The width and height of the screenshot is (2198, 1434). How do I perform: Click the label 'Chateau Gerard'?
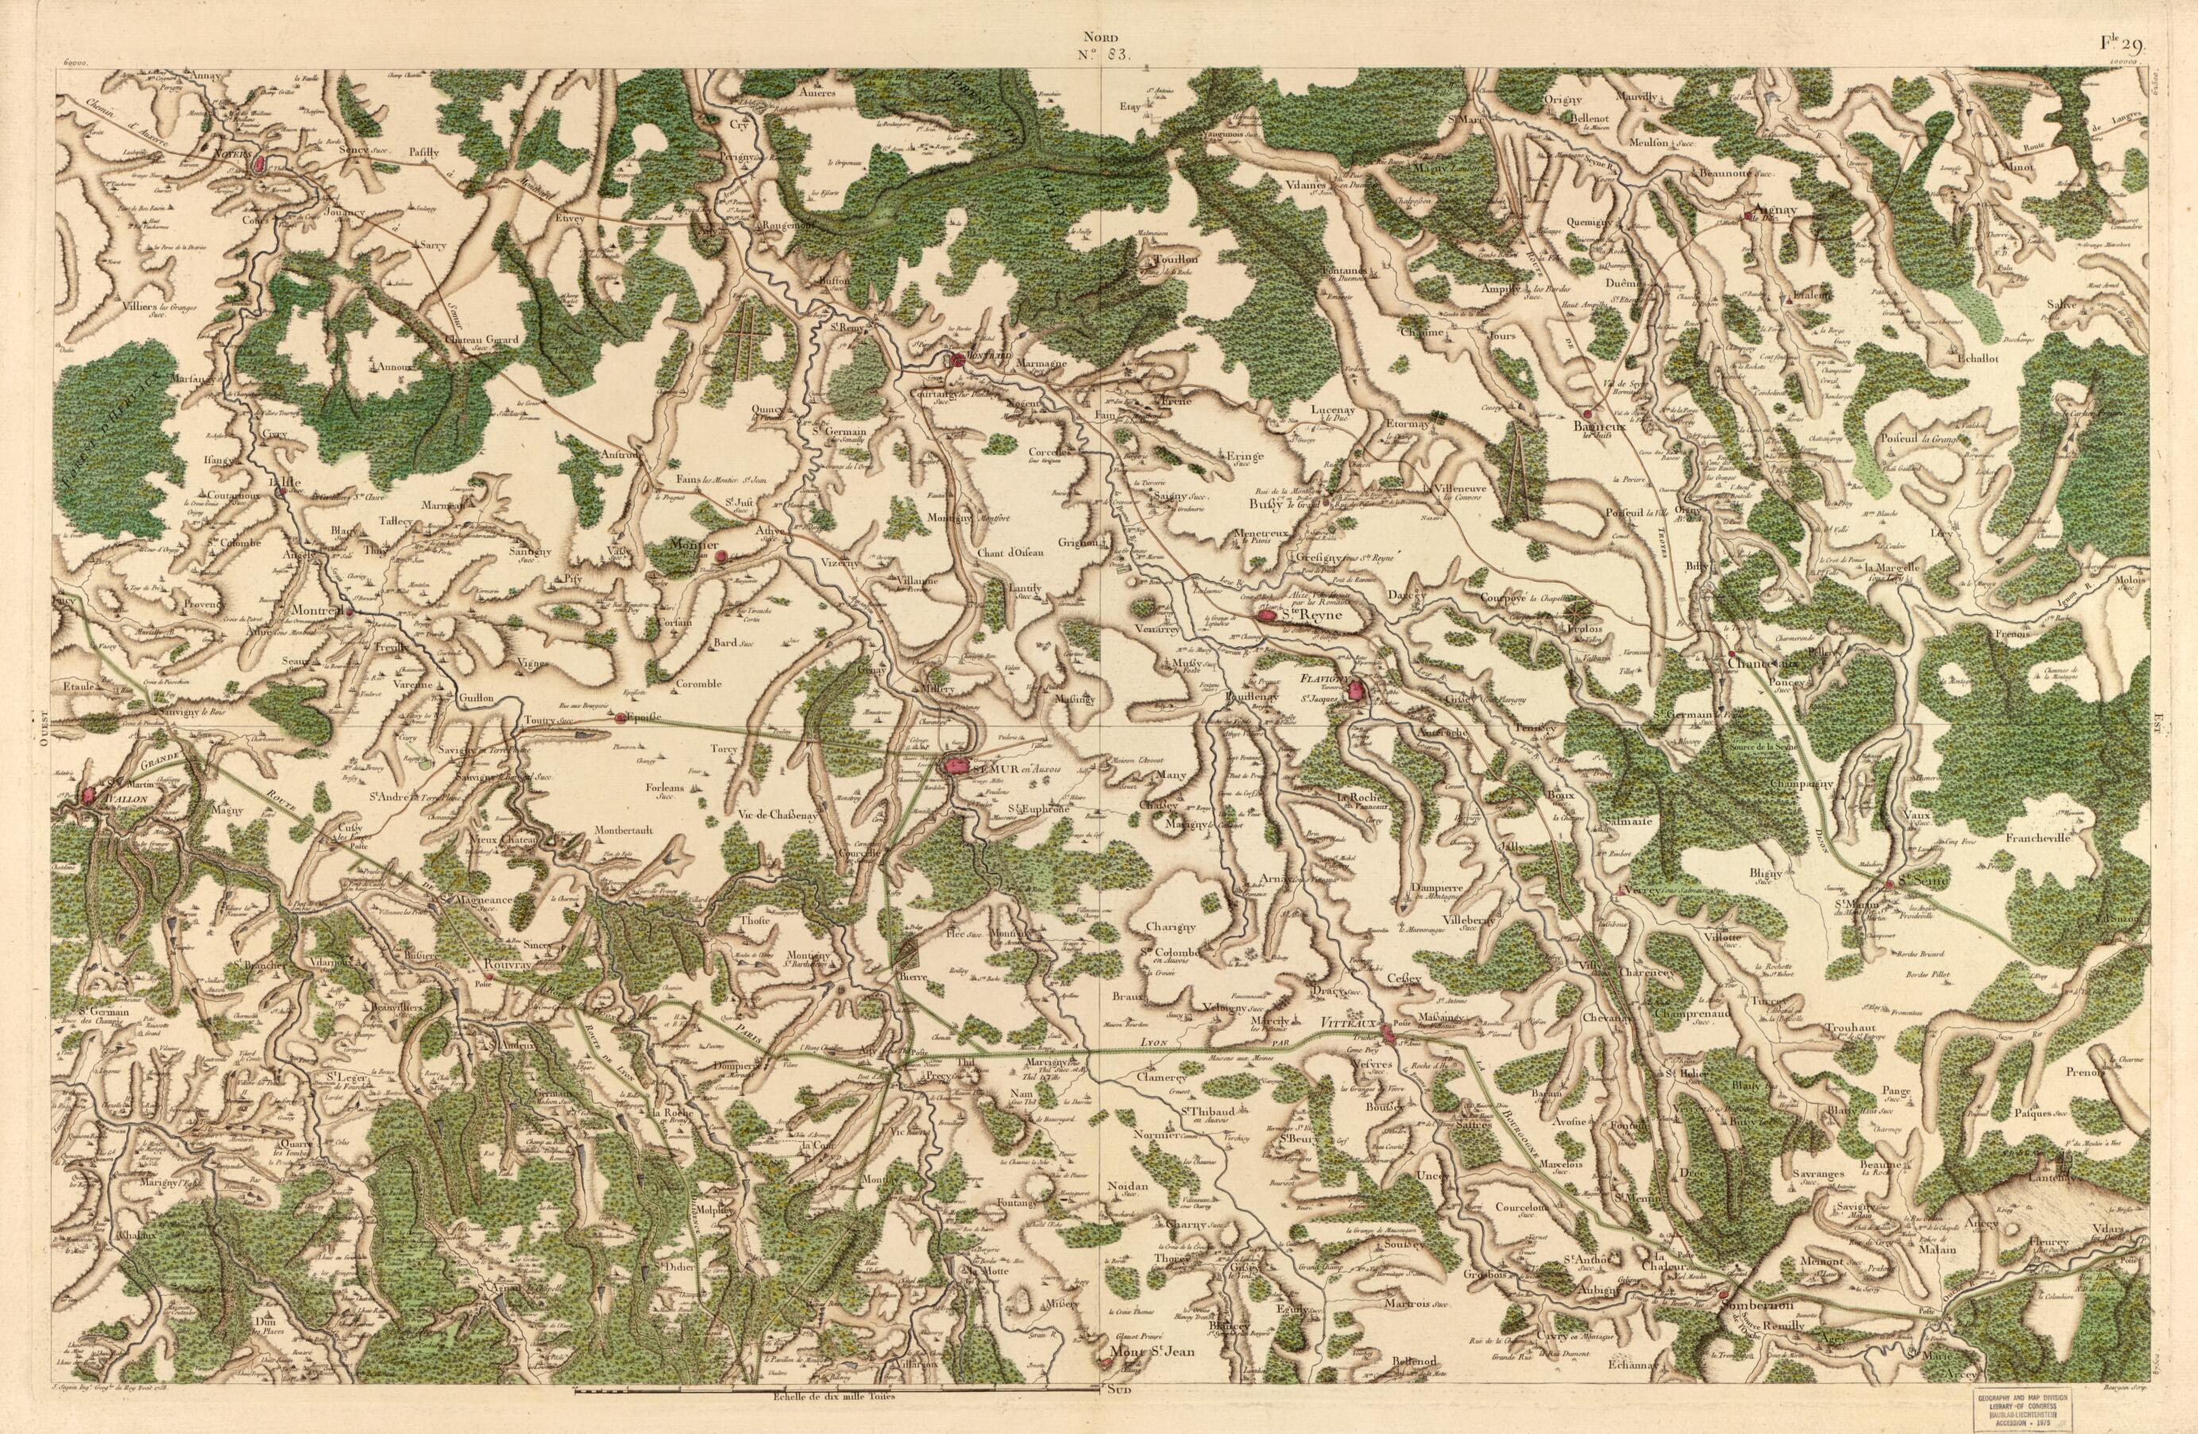(482, 340)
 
